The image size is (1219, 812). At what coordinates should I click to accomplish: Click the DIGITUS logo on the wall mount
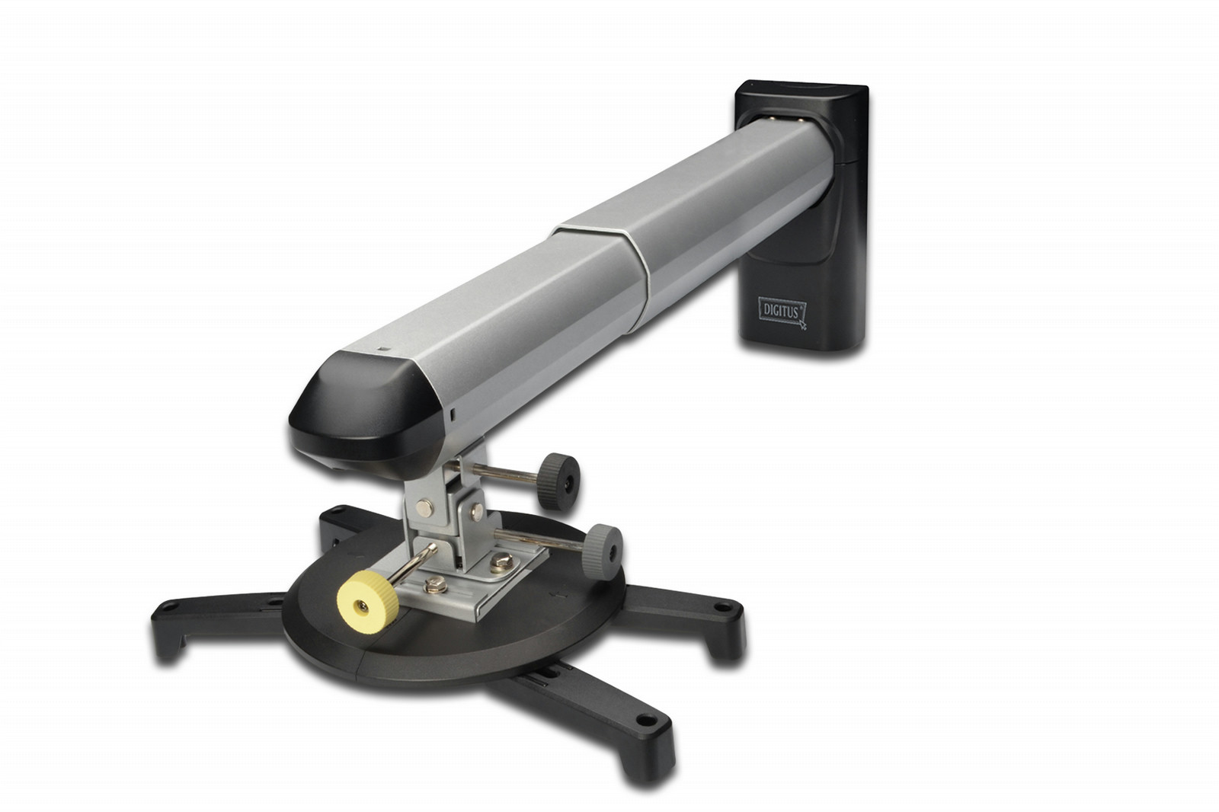click(x=782, y=312)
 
